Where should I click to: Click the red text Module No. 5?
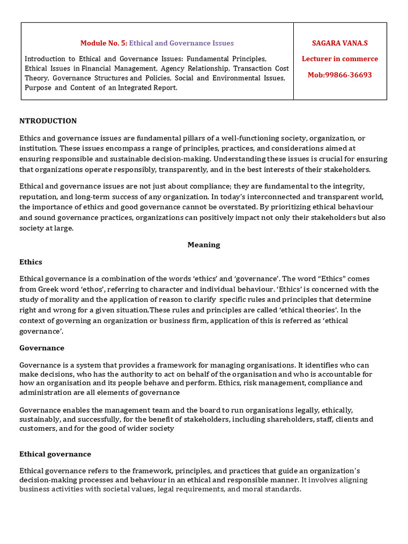pos(104,43)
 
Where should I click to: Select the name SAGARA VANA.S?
pos(340,42)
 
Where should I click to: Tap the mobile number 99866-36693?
pos(350,75)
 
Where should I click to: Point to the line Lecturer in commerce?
pos(340,59)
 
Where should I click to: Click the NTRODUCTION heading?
pos(48,121)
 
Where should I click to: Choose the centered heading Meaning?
pos(203,245)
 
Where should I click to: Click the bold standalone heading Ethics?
pos(31,262)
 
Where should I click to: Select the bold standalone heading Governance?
pos(41,348)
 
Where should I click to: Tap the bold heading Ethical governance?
pos(55,454)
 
